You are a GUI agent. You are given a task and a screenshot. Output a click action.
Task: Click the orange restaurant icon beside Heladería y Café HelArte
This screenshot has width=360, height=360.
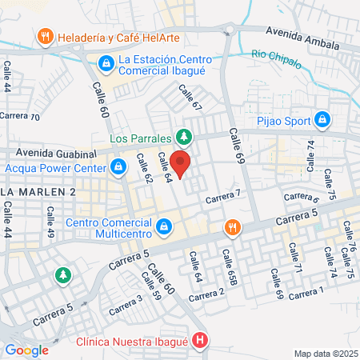click(45, 36)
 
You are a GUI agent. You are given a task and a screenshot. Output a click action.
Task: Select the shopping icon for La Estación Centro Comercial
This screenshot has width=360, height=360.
click(106, 62)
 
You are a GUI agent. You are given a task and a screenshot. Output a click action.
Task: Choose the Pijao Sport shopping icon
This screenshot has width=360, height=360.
click(322, 120)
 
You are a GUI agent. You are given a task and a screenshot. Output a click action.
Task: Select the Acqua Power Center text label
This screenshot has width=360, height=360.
click(55, 169)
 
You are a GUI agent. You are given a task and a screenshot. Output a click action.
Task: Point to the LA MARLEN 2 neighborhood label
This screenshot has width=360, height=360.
click(38, 193)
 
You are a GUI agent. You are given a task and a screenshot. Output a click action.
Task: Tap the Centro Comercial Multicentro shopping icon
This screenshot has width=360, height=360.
click(164, 227)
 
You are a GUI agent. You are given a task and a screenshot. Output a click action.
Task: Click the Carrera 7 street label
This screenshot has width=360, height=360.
click(223, 197)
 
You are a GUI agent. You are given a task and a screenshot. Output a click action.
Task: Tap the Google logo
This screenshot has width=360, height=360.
click(26, 350)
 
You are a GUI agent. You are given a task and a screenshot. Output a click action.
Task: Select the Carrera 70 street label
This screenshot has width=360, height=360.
click(20, 117)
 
